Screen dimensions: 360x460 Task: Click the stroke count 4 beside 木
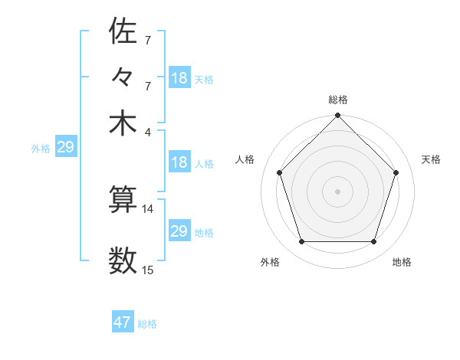click(x=147, y=131)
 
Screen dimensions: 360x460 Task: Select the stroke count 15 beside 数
click(x=148, y=270)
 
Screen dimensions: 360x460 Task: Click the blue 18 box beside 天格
click(x=179, y=78)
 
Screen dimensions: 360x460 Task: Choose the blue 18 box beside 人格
click(x=179, y=162)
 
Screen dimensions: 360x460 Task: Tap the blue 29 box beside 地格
click(x=179, y=231)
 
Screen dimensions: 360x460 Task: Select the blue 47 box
click(x=123, y=322)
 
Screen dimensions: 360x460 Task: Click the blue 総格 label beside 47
click(x=147, y=324)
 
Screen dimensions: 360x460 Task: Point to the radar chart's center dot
click(x=337, y=191)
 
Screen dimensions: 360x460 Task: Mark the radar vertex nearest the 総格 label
click(x=337, y=116)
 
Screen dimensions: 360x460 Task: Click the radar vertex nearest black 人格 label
click(x=280, y=172)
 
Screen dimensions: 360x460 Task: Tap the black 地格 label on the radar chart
click(x=402, y=262)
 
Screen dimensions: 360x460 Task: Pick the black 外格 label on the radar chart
click(x=270, y=262)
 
